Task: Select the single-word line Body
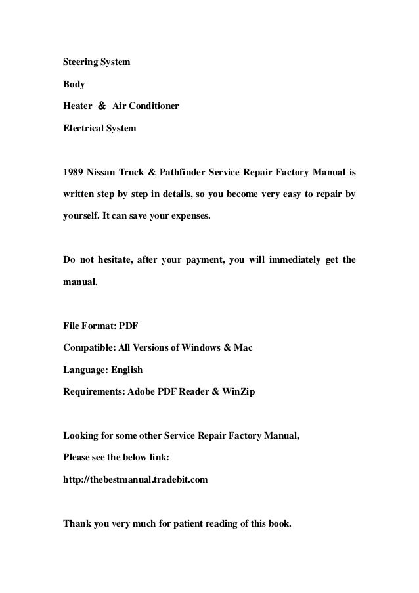[x=74, y=85]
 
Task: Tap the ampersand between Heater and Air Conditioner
[x=101, y=106]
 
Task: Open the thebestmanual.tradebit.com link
[x=135, y=479]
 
